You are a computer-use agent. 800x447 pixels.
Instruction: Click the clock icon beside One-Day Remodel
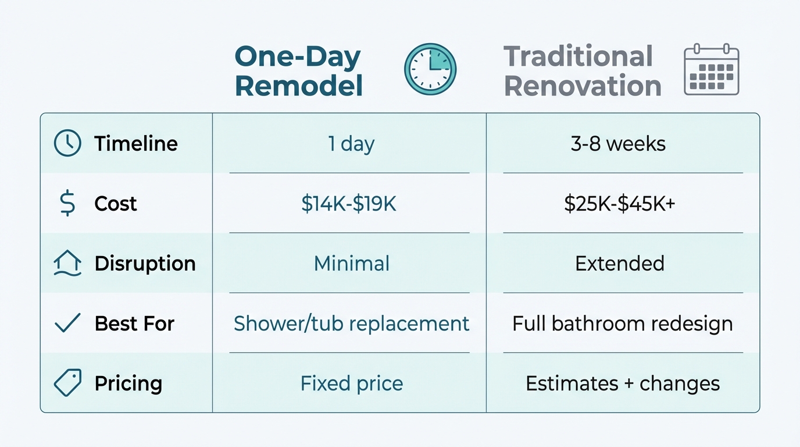click(430, 69)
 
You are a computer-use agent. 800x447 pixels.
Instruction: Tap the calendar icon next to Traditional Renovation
click(711, 69)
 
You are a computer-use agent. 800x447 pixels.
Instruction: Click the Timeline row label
click(136, 144)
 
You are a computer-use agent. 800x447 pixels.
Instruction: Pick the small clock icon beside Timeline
click(67, 144)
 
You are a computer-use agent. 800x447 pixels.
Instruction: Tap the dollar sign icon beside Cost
click(67, 204)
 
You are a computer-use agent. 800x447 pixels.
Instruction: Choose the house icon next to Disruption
click(67, 264)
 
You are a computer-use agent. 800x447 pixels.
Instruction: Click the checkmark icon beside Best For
click(67, 323)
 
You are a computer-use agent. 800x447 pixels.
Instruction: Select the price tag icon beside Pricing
click(67, 383)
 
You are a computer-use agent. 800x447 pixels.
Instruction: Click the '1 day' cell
click(351, 144)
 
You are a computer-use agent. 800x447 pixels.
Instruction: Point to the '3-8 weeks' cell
click(618, 144)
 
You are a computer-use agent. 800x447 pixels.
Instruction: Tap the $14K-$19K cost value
click(349, 204)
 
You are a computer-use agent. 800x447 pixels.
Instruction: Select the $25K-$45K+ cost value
click(620, 204)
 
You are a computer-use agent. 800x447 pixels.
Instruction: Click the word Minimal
click(352, 264)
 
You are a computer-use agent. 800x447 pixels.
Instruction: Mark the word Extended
click(620, 264)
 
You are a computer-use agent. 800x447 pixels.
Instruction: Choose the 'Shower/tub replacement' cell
click(351, 324)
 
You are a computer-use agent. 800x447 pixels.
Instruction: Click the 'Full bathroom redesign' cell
click(622, 324)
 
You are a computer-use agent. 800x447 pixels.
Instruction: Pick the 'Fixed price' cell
click(352, 384)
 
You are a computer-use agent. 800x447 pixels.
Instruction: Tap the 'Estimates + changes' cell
click(623, 384)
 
